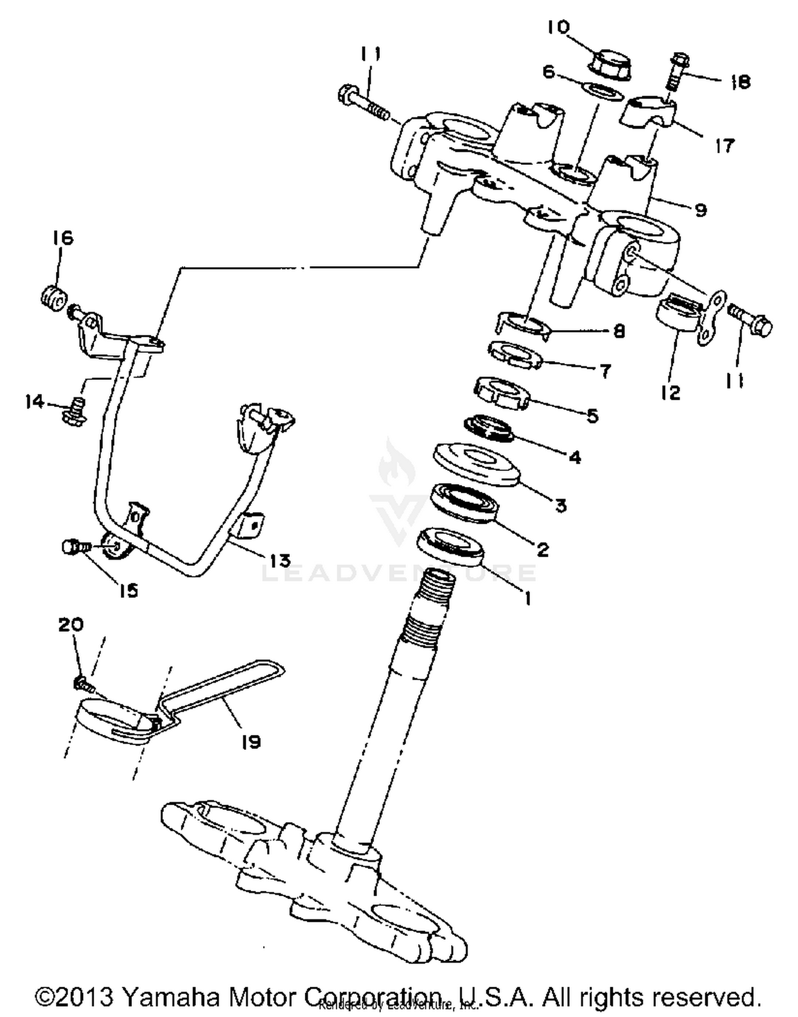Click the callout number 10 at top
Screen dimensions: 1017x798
558,27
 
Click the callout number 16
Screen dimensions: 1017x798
63,238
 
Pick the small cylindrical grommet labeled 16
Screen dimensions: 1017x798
54,296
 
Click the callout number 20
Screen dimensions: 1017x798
71,624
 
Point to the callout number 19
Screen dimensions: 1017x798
251,741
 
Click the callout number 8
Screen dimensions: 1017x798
619,331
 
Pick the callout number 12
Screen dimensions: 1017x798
671,393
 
